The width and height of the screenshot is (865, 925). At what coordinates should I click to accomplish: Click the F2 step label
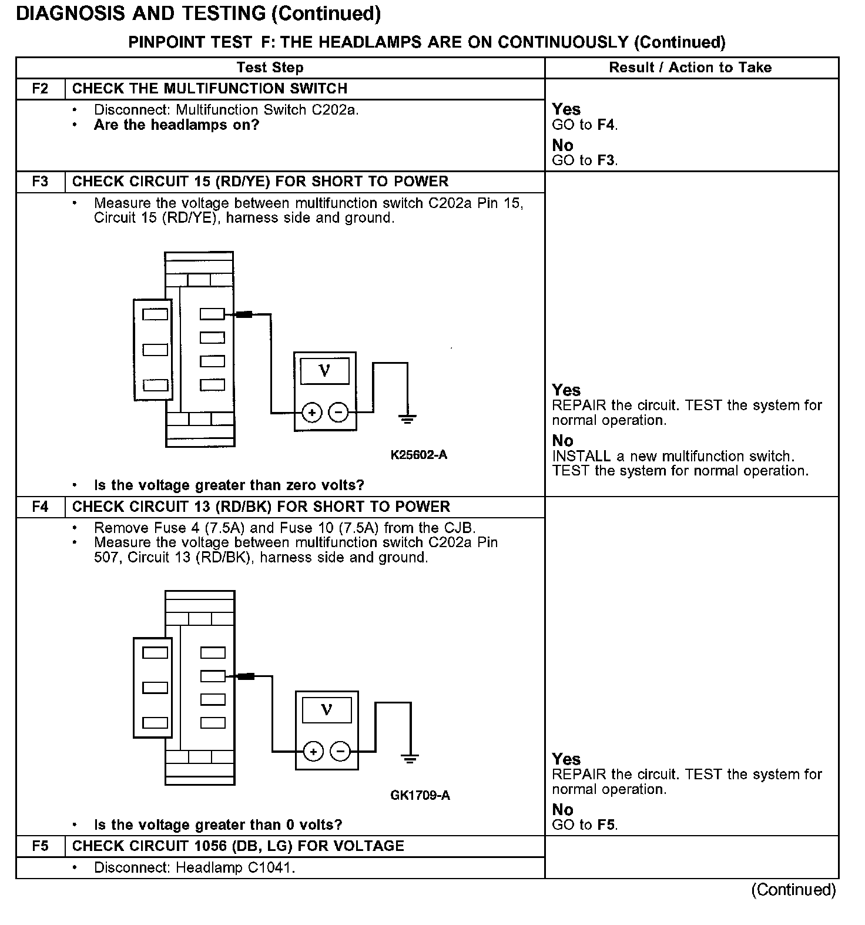(x=40, y=89)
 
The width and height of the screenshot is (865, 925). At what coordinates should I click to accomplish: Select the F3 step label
(x=40, y=182)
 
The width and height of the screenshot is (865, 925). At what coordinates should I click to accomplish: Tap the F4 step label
(x=40, y=507)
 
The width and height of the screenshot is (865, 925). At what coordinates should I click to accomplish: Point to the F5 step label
(x=40, y=846)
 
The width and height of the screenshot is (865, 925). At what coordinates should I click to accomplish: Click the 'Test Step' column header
(x=270, y=68)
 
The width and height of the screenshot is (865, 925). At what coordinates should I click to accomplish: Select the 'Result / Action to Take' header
(x=690, y=68)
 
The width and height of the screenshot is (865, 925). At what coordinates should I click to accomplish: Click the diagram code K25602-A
(x=419, y=455)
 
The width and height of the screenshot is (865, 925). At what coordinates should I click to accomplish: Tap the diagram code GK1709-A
(x=420, y=796)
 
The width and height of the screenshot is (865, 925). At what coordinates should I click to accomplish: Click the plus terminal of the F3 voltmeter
(x=312, y=413)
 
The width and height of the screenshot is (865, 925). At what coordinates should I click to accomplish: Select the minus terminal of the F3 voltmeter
(x=338, y=413)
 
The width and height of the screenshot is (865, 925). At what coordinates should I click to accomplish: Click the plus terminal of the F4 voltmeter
(x=314, y=752)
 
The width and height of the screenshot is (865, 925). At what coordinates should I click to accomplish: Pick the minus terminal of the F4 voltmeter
(x=340, y=752)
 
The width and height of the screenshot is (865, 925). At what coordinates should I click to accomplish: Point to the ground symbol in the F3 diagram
(x=407, y=419)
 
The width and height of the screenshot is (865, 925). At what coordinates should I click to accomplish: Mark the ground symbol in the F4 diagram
(x=410, y=758)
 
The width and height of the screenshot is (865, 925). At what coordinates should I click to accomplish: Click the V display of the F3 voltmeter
(x=324, y=371)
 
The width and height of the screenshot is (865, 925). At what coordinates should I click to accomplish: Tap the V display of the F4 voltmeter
(x=327, y=710)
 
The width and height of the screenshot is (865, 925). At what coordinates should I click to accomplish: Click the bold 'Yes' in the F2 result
(x=566, y=110)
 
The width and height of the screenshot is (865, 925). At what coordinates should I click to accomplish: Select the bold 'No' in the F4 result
(x=563, y=810)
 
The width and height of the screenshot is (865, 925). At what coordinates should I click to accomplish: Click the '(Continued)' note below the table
(x=793, y=890)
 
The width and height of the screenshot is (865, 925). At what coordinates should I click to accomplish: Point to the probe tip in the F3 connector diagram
(x=243, y=315)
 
